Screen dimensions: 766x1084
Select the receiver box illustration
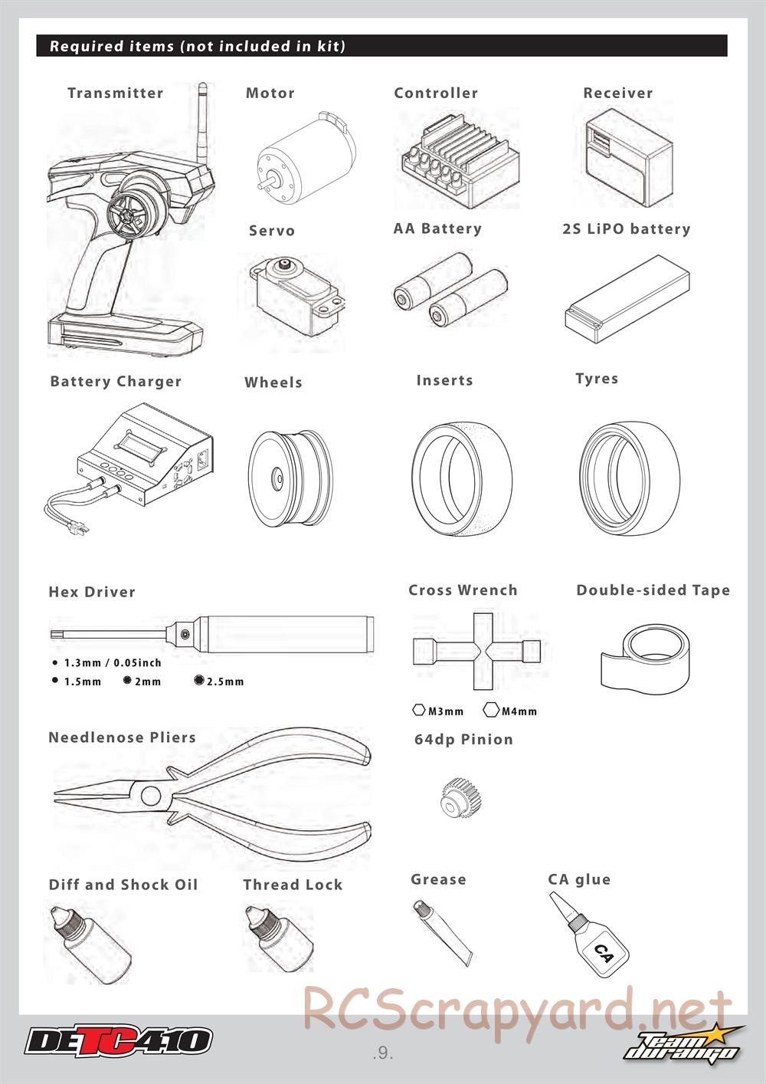[x=629, y=155]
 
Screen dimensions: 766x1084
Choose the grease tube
[x=442, y=934]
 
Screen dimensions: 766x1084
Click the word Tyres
[x=597, y=379]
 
